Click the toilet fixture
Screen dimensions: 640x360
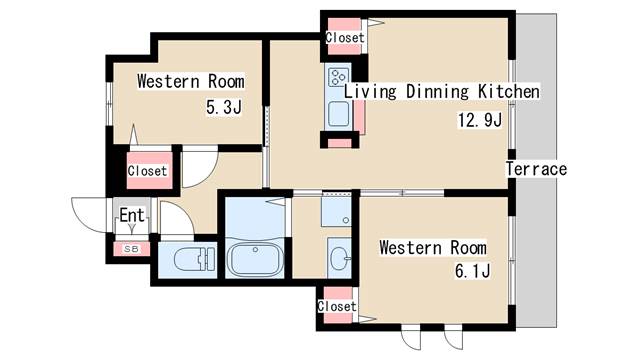tap(194, 259)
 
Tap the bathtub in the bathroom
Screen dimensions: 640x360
tap(256, 259)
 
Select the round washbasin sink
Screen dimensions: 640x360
tap(339, 258)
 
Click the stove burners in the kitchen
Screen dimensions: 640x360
tap(339, 77)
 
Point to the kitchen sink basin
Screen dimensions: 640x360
tap(339, 114)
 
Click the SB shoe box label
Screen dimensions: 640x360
tap(131, 249)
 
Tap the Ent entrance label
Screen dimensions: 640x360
tap(132, 215)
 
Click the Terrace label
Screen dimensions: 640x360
tap(536, 169)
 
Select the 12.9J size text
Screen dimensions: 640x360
tap(480, 120)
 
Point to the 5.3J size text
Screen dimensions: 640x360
tap(224, 107)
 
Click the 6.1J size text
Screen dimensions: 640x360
tap(473, 271)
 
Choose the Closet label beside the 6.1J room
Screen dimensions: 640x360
tap(337, 306)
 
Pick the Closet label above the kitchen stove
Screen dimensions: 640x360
tap(345, 38)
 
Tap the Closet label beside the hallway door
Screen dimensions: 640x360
tap(147, 171)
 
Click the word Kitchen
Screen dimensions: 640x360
tap(509, 91)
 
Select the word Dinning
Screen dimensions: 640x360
tap(437, 91)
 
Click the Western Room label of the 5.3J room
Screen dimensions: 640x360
tap(191, 81)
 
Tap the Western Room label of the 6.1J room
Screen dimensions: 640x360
tap(433, 248)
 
